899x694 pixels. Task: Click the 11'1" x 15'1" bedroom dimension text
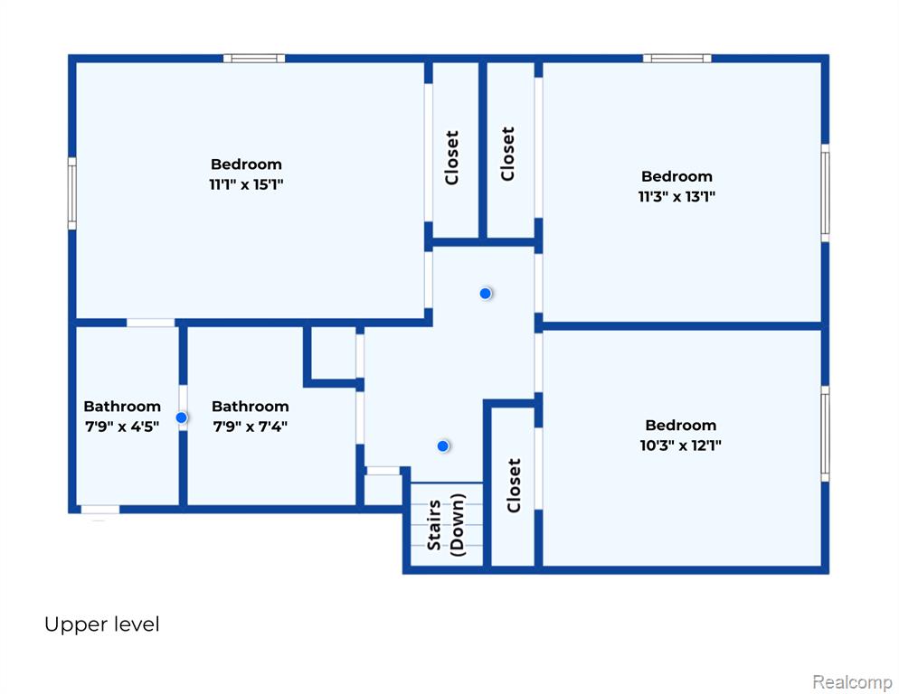coord(246,184)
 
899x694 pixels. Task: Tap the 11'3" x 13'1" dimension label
coord(677,197)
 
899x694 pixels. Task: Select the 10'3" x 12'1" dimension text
coord(680,445)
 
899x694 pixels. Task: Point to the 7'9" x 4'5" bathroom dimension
coord(122,427)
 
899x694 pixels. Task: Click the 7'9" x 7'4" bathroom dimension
coord(250,427)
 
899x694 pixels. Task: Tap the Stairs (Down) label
coord(447,525)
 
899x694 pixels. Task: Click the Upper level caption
coord(102,624)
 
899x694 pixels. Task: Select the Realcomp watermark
coord(852,682)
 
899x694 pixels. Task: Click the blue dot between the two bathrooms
coord(181,417)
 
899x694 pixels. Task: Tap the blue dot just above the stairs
coord(442,445)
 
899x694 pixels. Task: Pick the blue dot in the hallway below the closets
coord(485,294)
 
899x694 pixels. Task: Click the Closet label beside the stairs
coord(514,485)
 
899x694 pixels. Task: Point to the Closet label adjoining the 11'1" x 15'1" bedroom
coord(452,157)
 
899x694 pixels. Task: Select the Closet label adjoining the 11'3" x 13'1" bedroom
coord(507,155)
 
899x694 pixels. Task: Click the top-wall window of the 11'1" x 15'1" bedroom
coord(254,59)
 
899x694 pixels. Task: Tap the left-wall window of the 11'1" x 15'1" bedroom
coord(72,193)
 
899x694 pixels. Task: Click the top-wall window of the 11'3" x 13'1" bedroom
coord(677,59)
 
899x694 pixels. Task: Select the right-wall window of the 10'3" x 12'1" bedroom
coord(825,434)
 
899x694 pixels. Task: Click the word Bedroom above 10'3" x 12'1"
coord(680,426)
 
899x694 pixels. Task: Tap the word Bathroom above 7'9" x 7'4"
coord(250,407)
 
